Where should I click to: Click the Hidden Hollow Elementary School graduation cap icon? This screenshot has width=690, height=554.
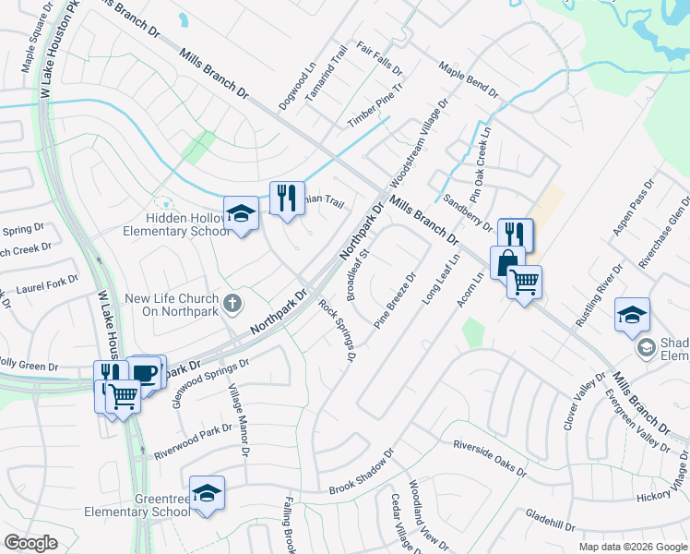[x=242, y=213]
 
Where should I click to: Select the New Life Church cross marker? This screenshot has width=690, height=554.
[x=232, y=302]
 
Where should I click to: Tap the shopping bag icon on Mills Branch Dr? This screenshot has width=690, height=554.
[x=506, y=264]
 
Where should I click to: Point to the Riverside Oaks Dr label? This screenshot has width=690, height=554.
[x=489, y=459]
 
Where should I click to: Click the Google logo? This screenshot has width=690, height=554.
[x=31, y=543]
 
